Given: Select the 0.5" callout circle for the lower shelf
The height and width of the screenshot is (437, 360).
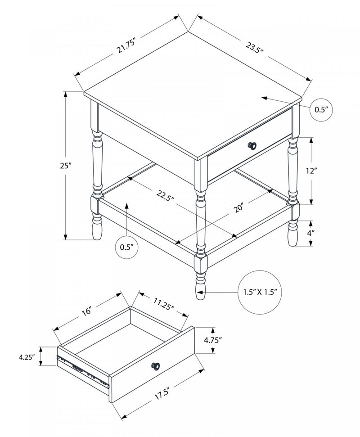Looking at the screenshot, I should (x=127, y=247).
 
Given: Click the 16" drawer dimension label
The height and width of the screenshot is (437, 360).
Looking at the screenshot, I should (x=86, y=311).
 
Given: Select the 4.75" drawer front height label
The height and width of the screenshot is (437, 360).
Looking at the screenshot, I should (x=213, y=340).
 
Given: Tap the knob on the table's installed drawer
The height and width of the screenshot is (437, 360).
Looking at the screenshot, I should (x=252, y=145).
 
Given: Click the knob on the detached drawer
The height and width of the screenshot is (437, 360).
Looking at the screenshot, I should (x=156, y=366).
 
